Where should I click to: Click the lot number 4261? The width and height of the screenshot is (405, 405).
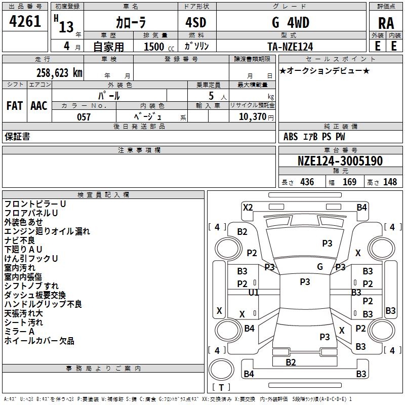point(25,21)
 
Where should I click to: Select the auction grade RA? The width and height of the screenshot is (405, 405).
point(386,23)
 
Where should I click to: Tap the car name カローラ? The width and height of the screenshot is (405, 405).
point(131,22)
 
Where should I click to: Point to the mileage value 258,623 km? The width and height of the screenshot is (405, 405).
point(59,73)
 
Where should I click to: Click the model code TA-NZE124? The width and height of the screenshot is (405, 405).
point(290,47)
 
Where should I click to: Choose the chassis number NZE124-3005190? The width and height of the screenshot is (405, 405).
point(340,161)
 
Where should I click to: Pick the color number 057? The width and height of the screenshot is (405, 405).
point(84,117)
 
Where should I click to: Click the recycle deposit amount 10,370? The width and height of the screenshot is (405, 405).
point(253,117)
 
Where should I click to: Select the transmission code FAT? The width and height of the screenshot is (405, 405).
point(15,106)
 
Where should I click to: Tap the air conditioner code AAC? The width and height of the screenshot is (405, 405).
point(39,106)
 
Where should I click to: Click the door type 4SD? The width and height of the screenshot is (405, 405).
point(196,22)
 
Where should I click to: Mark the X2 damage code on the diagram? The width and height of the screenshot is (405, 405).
point(248,208)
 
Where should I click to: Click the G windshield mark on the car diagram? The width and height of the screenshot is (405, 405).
point(320,266)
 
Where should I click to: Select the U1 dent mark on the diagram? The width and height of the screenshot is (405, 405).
point(254,293)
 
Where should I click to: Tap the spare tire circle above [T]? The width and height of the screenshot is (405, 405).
point(221,370)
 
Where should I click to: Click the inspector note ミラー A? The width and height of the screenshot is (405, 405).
point(19,332)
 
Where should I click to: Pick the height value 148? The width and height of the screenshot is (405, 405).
point(390,182)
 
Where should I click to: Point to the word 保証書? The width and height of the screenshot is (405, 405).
point(17,137)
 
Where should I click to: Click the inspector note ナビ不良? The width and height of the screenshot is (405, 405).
point(20,240)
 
